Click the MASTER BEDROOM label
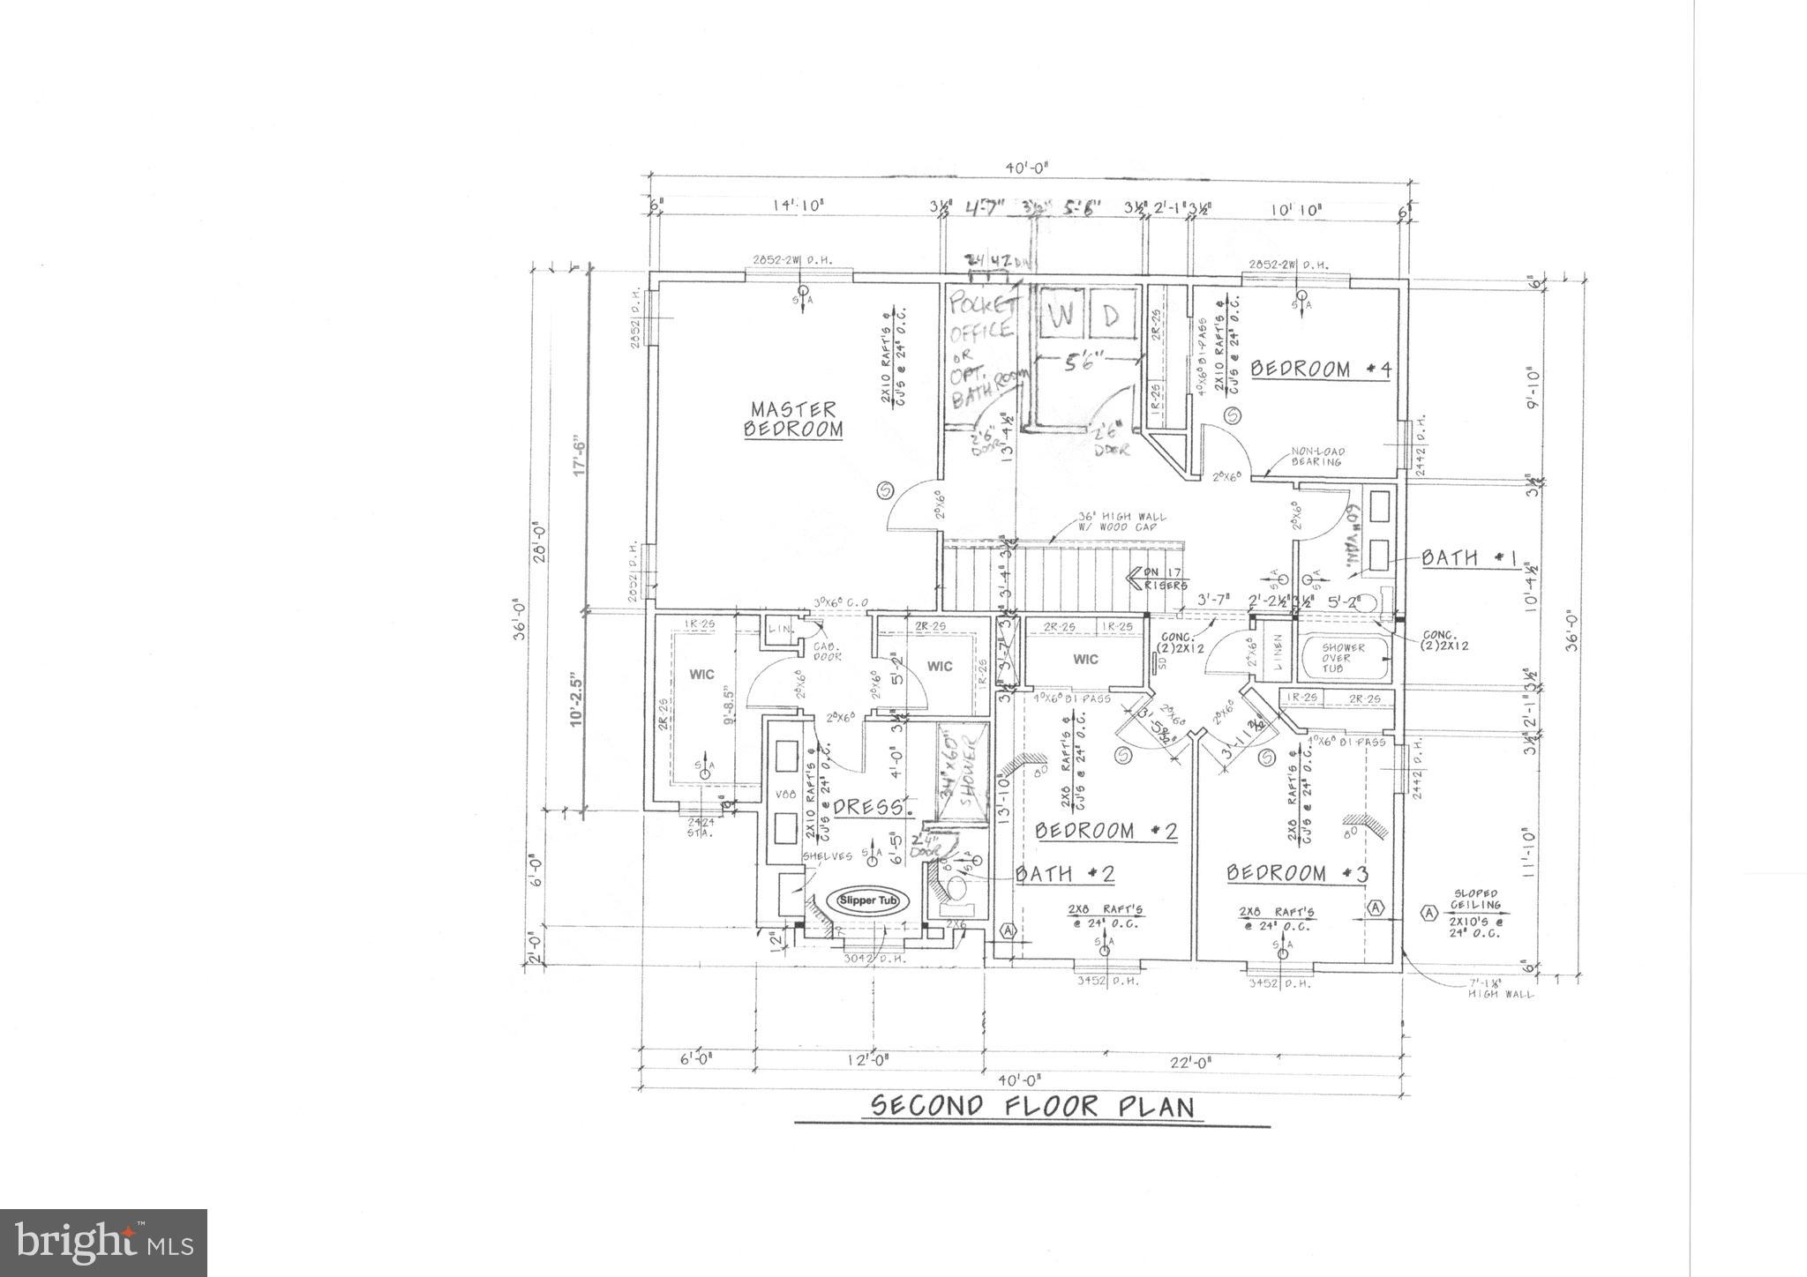coord(793,420)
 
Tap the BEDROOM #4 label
coord(1320,370)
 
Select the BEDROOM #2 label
coord(1106,831)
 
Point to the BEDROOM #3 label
coord(1297,873)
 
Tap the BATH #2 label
coord(1066,874)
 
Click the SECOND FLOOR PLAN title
coord(1032,1106)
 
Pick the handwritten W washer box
coord(1061,317)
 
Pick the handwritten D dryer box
coord(1112,317)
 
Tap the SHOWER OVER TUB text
coord(1343,659)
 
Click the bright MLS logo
coord(104,1243)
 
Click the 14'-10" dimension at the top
coord(799,206)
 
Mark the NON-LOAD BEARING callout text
coord(1316,456)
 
